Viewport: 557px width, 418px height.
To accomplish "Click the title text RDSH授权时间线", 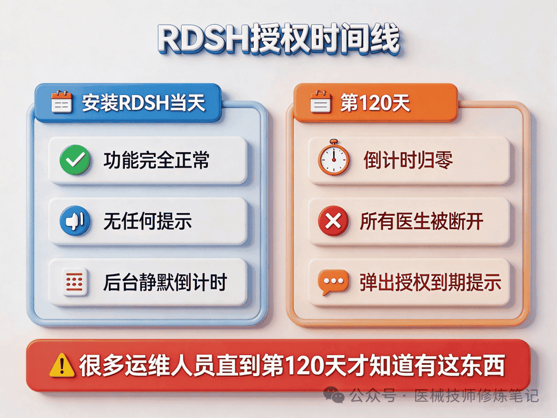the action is (x=279, y=39).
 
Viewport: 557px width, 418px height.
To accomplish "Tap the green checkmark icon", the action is (x=75, y=159).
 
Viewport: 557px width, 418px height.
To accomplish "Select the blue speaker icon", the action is (x=75, y=221).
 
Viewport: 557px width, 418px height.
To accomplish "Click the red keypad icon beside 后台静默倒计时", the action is (x=75, y=282).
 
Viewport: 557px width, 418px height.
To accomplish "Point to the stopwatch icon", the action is (x=333, y=157).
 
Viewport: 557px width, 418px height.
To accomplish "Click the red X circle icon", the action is (x=333, y=221).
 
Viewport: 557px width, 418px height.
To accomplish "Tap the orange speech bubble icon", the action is (x=333, y=282).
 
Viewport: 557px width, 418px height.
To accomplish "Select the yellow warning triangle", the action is (x=62, y=365).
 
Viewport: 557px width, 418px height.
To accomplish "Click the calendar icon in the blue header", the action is (x=62, y=102).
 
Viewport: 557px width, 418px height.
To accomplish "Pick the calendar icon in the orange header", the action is (x=321, y=102).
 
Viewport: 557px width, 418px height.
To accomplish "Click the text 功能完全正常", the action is (x=157, y=160).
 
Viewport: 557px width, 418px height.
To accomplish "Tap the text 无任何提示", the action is (x=148, y=221).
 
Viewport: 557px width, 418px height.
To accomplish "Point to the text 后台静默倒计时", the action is (x=165, y=282).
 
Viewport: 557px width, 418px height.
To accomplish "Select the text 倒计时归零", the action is (x=408, y=160).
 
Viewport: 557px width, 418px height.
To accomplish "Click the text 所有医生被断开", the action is (x=422, y=221).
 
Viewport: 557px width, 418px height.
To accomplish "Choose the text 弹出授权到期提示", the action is (x=431, y=282).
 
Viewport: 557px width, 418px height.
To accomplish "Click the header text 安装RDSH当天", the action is (x=144, y=103).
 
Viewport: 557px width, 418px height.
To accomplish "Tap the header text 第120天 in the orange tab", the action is (x=375, y=103).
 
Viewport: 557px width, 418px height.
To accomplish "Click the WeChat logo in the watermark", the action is (x=334, y=395).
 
